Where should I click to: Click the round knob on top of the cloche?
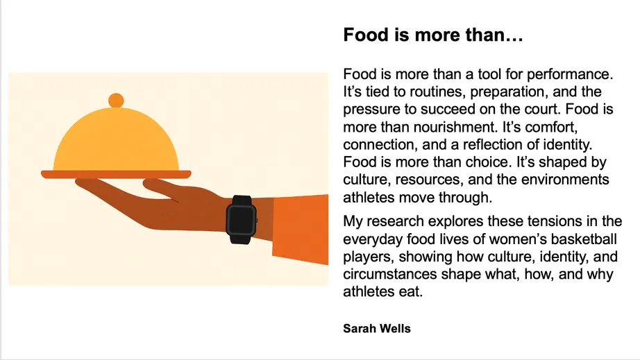pyautogui.click(x=116, y=100)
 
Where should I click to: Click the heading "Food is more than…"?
pyautogui.click(x=432, y=35)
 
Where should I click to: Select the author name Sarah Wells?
pyautogui.click(x=377, y=328)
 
